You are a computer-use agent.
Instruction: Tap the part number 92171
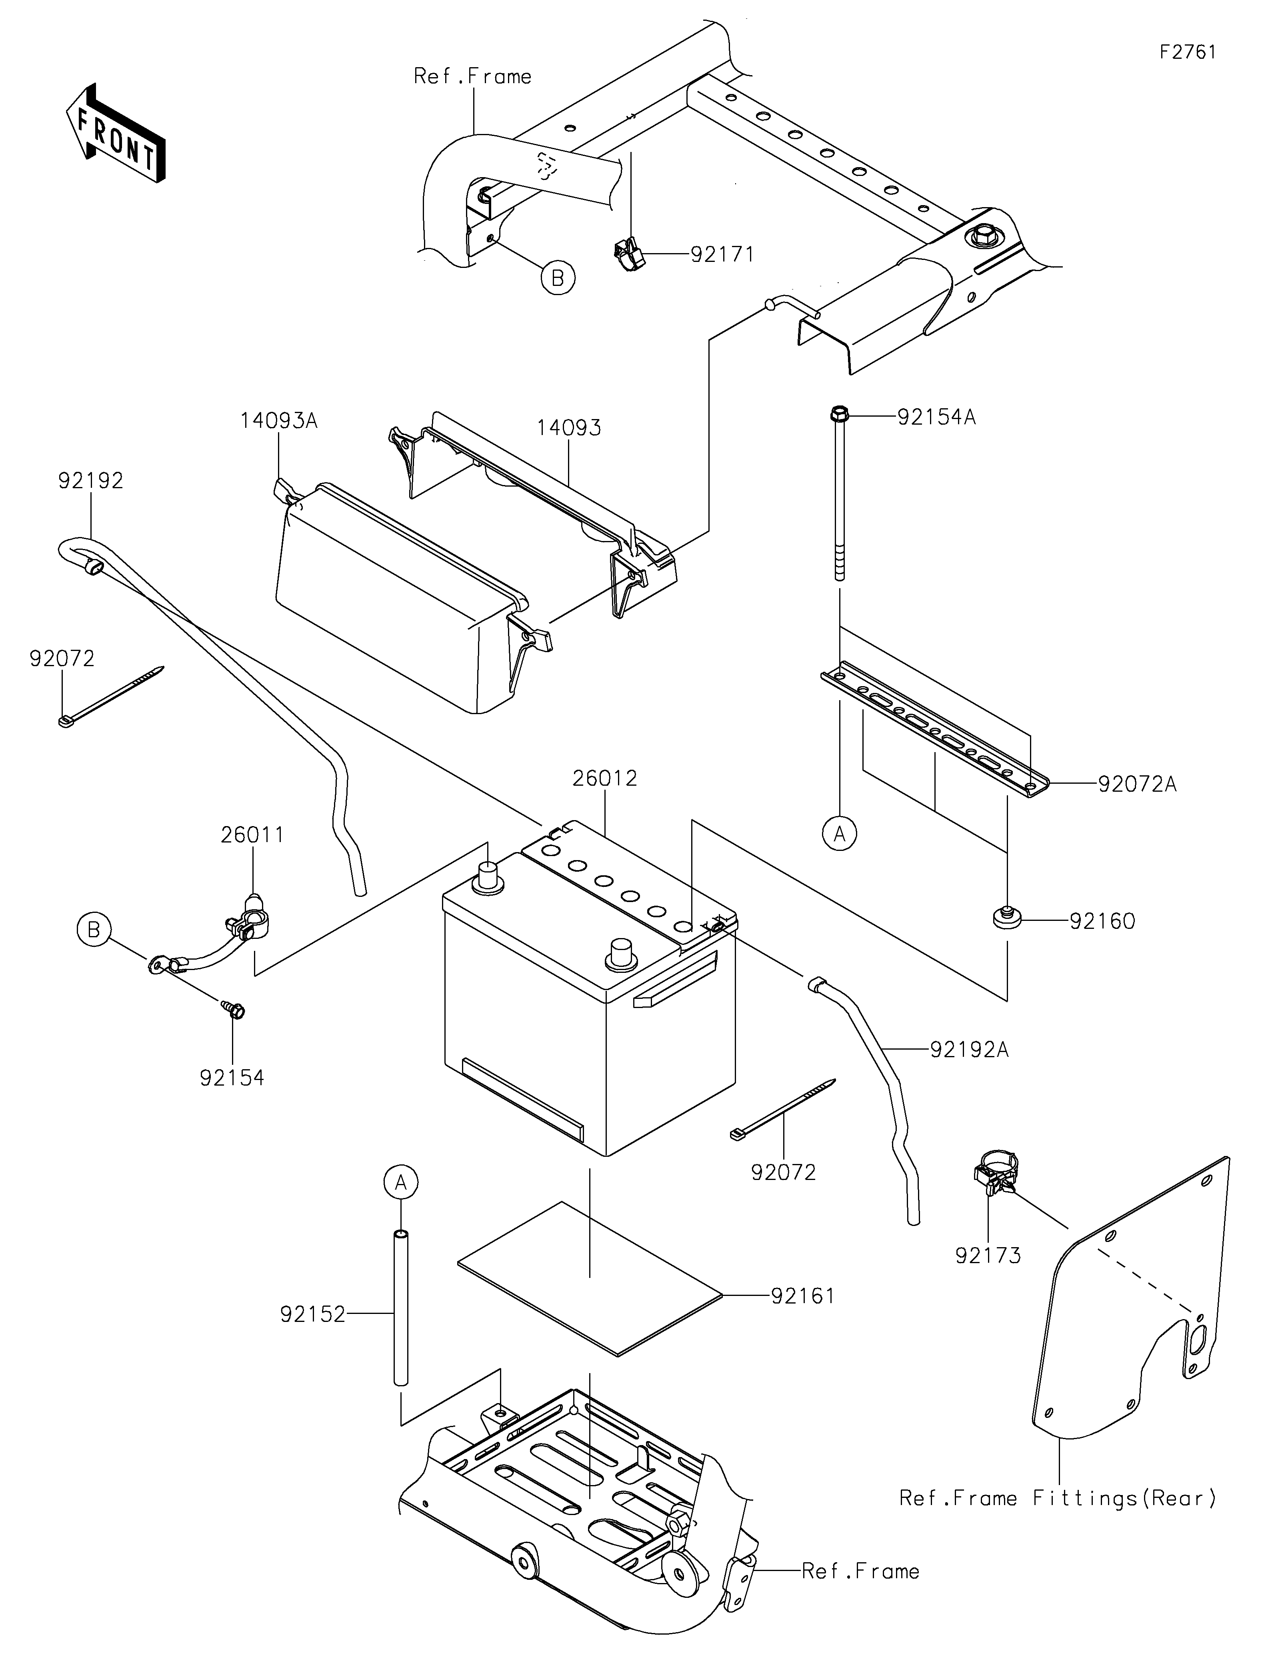pos(722,254)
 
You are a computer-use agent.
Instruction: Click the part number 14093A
pos(278,421)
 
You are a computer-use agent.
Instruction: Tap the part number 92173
pos(988,1256)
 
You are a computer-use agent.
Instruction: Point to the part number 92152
pos(313,1315)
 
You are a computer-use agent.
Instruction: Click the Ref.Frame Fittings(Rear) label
pos(1058,1499)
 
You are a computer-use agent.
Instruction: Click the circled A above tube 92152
pos(401,1182)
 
